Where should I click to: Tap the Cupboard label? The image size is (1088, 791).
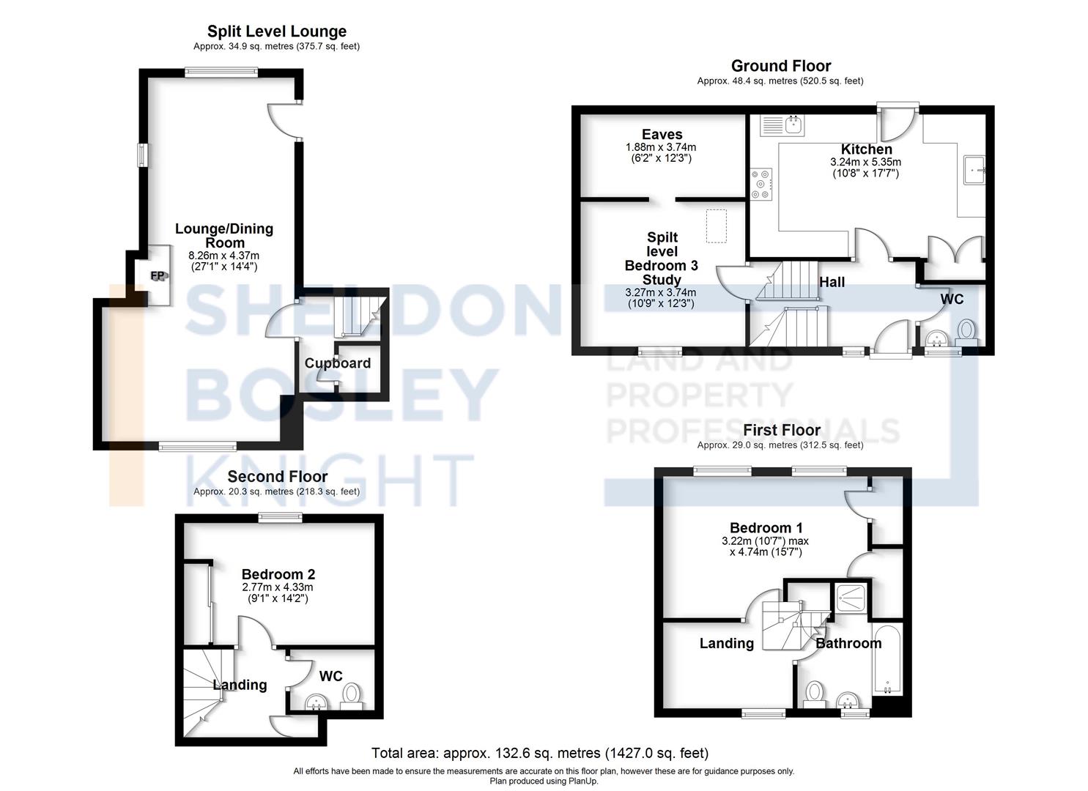pos(338,363)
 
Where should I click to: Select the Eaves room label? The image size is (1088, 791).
pos(662,135)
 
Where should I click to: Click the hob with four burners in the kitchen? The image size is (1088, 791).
pos(761,184)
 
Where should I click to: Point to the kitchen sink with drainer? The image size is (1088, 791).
pos(782,126)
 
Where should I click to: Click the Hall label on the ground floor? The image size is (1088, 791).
pos(832,282)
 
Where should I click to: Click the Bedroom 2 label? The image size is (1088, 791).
pos(278,575)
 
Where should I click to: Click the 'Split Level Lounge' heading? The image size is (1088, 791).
pos(277,31)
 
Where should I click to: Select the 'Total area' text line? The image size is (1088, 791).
pos(540,753)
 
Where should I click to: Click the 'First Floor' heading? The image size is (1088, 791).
pos(782,430)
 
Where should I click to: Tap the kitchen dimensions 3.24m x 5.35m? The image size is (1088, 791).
pos(865,163)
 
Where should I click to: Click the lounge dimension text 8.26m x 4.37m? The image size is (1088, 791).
pos(224,256)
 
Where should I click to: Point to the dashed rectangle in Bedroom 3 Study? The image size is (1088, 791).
pos(716,226)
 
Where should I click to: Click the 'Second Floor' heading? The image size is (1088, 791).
pos(277,477)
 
